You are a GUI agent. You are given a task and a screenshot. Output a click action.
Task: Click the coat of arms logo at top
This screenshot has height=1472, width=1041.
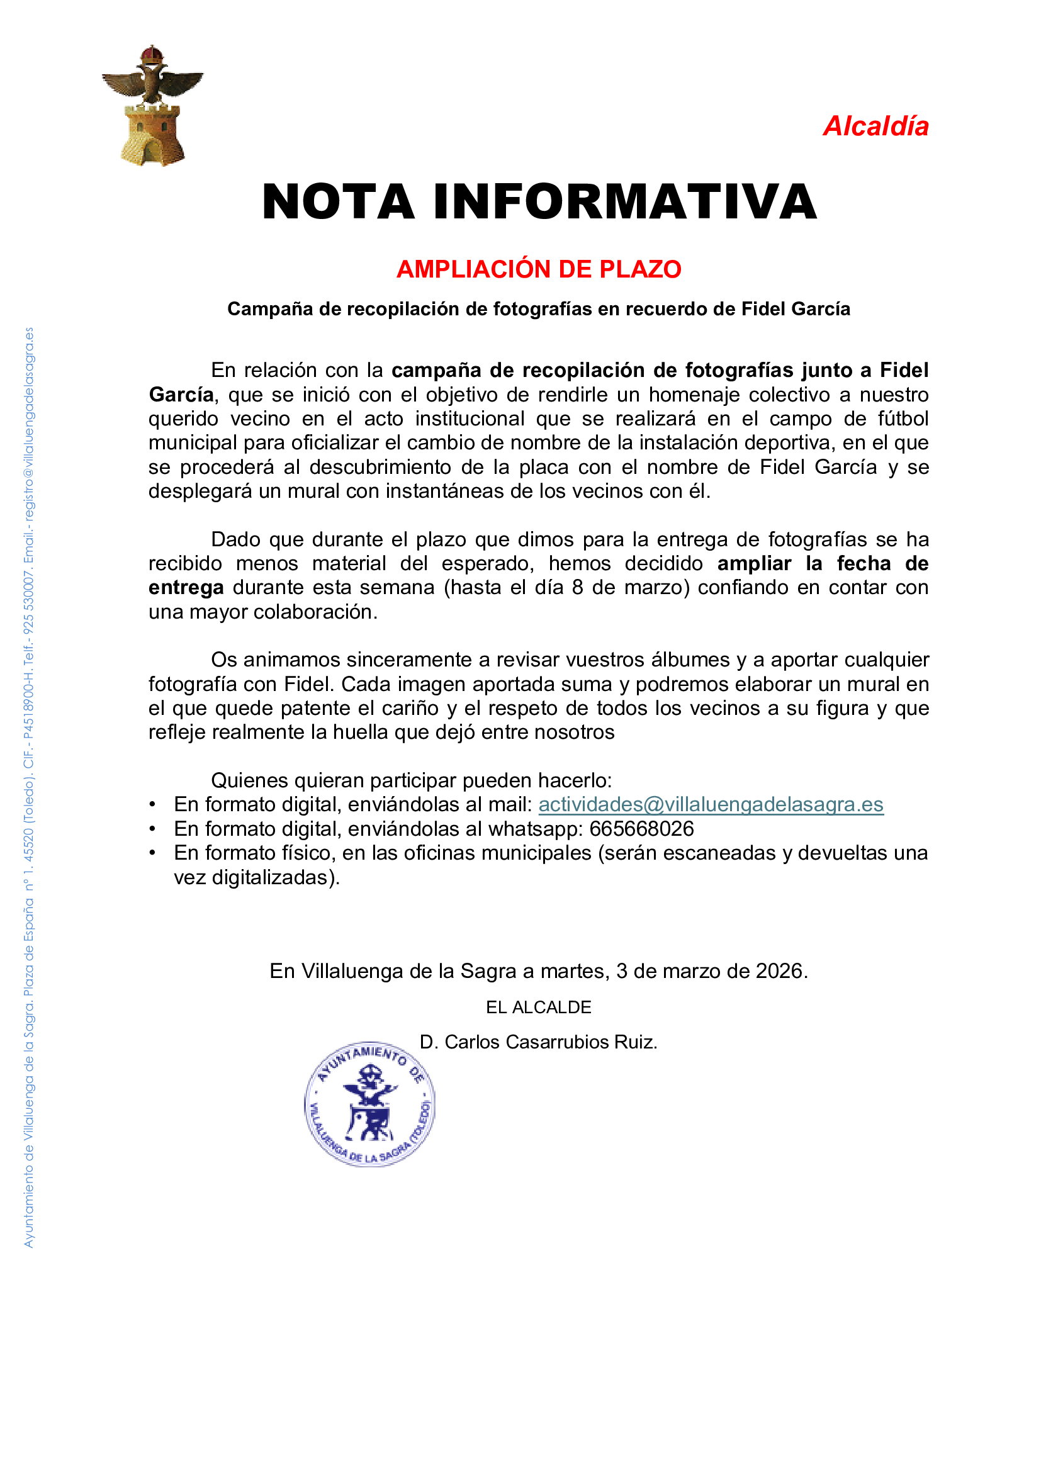152,106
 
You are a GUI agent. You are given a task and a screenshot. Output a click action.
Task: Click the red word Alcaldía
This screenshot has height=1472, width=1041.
875,126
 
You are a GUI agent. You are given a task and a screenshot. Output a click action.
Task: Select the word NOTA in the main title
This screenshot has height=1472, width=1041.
339,202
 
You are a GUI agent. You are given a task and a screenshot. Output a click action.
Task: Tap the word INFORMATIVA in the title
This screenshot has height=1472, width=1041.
625,202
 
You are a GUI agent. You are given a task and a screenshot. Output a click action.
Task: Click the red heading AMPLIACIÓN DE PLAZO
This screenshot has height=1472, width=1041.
539,269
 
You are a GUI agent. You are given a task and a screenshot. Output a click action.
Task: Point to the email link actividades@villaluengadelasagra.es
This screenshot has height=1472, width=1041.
711,805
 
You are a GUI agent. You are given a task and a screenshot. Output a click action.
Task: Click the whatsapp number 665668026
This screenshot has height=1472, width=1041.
641,829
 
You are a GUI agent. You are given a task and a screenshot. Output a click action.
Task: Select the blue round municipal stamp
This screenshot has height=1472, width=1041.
370,1104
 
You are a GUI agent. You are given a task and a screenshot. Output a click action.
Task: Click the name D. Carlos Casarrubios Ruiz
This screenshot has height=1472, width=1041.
539,1042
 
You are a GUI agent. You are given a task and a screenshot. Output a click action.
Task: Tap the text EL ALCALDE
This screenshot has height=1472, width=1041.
539,1007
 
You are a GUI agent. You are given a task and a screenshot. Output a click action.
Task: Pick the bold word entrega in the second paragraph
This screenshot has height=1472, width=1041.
186,588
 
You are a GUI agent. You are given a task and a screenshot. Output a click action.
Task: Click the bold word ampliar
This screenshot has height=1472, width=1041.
754,563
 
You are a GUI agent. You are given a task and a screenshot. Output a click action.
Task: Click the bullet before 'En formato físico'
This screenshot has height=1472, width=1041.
152,853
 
